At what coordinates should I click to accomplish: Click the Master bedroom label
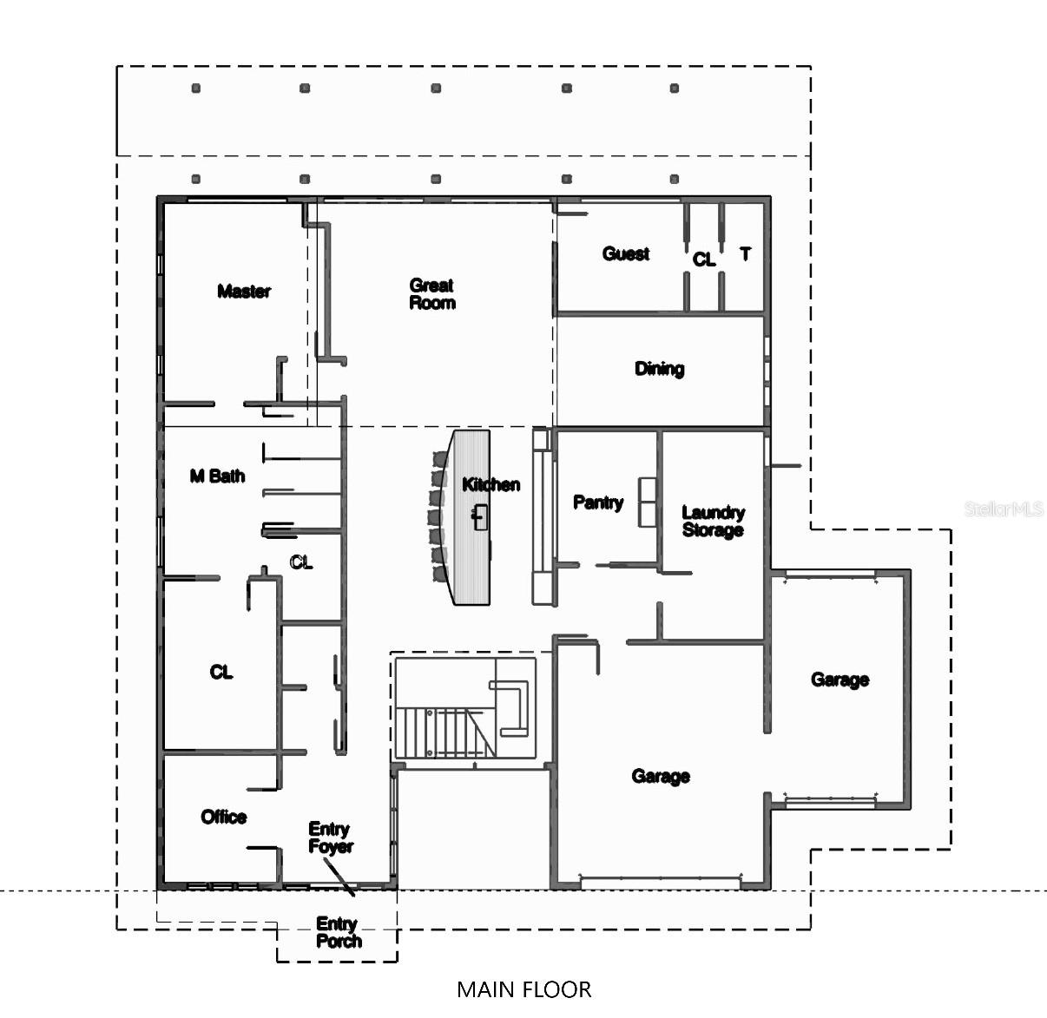coord(244,292)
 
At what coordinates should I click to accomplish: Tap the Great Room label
coord(432,294)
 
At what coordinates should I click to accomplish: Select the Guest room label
coord(626,253)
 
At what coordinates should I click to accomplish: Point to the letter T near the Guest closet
coord(745,253)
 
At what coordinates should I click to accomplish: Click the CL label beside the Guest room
coord(704,259)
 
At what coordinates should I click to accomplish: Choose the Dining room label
coord(659,369)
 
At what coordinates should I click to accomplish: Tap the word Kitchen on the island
coord(491,484)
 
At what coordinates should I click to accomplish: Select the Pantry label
coord(598,502)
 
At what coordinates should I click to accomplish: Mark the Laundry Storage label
coord(713,522)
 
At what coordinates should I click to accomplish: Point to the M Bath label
coord(217,476)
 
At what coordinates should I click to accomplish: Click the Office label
coord(224,817)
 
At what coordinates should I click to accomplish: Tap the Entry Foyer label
coord(331,837)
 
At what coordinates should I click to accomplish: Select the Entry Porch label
coord(338,932)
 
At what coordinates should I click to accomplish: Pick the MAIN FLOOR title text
coord(523,989)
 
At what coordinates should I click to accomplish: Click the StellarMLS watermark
coord(1003,509)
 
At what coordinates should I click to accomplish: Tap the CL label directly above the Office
coord(221,672)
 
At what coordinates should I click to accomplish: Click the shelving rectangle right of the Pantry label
coord(649,502)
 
